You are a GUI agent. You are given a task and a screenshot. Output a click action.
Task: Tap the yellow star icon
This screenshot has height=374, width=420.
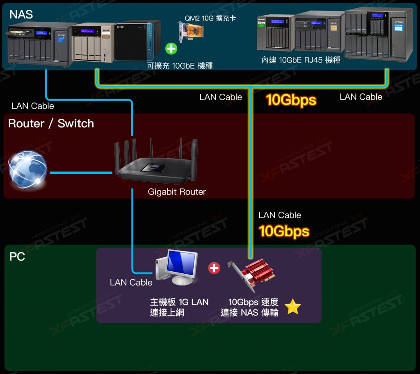coord(293,307)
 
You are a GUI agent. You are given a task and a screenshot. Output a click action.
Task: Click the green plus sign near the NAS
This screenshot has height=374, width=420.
coord(171,49)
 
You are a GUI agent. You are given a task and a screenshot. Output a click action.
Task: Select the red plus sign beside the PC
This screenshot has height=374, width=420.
coord(214,268)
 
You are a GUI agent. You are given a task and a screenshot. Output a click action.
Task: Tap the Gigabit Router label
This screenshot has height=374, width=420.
coord(177,192)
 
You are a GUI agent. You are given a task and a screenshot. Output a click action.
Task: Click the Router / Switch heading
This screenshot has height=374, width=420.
coord(51,123)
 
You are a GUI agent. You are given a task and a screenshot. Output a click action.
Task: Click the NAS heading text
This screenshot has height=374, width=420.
coord(21,14)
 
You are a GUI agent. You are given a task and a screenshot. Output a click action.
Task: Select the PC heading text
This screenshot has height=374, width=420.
coord(17,257)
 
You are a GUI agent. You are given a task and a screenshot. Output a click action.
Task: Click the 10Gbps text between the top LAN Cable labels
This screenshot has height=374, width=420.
coord(291,100)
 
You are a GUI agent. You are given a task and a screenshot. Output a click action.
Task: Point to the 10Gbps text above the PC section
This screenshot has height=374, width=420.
coord(284,231)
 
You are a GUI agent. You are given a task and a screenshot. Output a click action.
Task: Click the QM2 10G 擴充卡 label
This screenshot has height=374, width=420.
coord(210,18)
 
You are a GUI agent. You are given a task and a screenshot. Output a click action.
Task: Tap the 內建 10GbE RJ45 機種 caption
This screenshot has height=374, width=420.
coord(301,60)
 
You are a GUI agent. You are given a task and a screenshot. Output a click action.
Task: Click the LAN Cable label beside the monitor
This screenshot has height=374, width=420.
coord(131,282)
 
